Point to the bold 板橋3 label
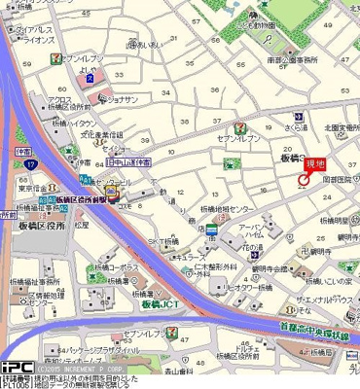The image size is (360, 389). coord(287,157)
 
